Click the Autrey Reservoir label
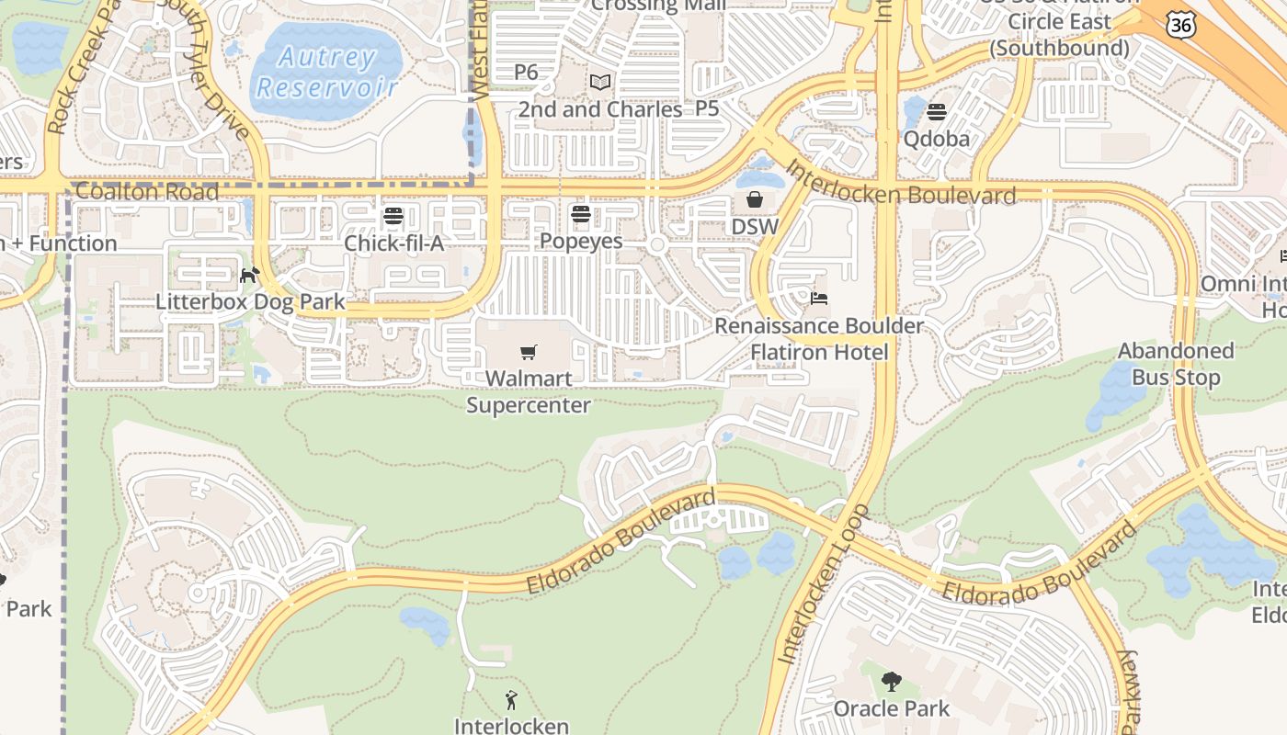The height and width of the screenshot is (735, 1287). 327,73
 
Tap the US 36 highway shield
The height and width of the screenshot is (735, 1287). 1180,25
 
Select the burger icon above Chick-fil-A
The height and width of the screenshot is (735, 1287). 393,217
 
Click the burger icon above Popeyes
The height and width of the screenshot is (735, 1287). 580,215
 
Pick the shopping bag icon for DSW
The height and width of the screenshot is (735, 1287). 755,199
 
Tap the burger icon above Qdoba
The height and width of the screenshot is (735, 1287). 937,113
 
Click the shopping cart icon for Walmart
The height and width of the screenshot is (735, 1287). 529,352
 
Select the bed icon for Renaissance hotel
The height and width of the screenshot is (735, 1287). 819,299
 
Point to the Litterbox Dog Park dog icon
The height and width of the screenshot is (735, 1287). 249,275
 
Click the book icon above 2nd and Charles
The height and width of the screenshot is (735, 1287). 600,83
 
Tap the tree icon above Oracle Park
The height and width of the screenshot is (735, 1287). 891,682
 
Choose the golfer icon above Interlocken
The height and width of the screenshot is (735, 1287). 511,700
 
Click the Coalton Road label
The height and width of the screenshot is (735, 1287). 147,192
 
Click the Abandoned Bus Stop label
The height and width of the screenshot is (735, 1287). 1176,364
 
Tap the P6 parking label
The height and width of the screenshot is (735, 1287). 526,72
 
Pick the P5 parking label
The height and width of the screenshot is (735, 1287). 707,108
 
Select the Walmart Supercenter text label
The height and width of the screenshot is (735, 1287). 529,391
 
